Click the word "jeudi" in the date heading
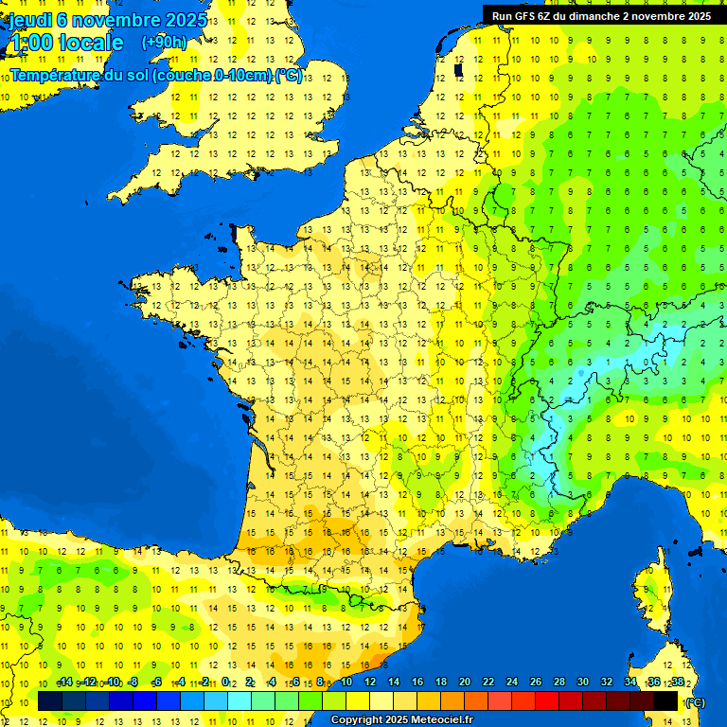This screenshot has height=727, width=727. click(x=30, y=20)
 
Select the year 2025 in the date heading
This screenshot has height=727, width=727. click(x=191, y=20)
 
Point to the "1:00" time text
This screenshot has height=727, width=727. click(x=30, y=43)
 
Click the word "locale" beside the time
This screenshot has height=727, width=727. click(x=91, y=43)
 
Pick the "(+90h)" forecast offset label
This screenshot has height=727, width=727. click(x=164, y=43)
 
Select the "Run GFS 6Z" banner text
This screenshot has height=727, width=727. click(x=530, y=16)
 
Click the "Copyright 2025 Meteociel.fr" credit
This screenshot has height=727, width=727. click(x=401, y=720)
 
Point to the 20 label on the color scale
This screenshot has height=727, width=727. click(x=464, y=683)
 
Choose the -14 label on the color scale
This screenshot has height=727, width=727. click(x=64, y=683)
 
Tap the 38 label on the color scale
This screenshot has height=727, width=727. click(x=677, y=683)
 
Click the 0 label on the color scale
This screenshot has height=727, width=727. click(x=225, y=683)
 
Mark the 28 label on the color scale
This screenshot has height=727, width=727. click(x=559, y=683)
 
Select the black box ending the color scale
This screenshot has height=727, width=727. click(x=665, y=700)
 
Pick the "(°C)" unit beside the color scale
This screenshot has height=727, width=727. click(x=696, y=702)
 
